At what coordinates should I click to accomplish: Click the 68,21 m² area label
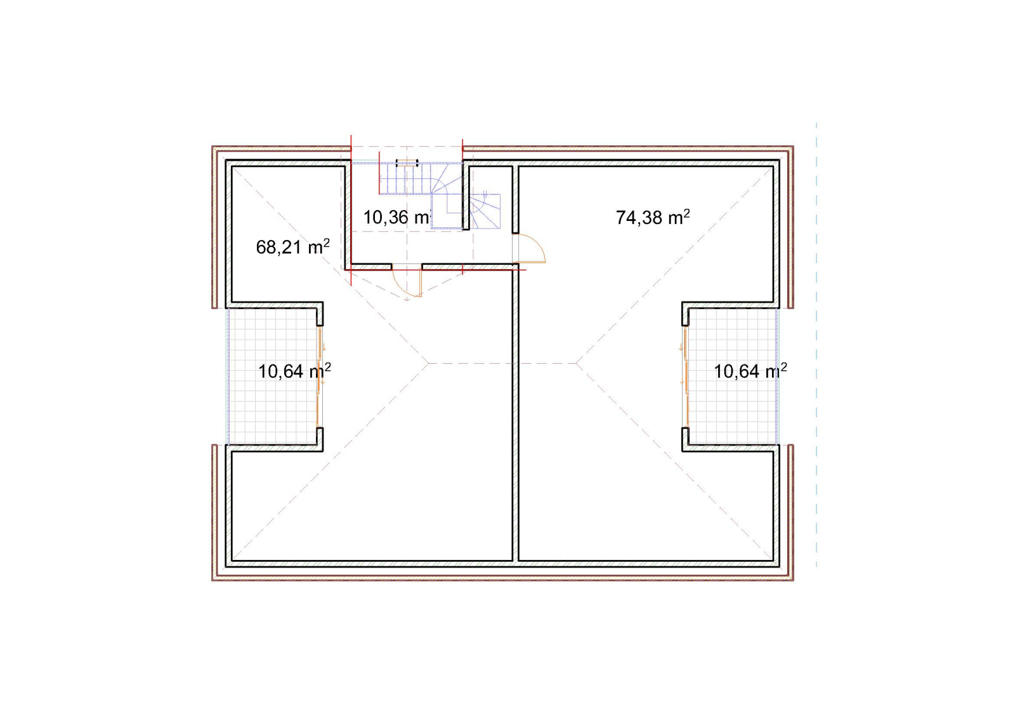292,247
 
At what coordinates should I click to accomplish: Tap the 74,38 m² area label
653,217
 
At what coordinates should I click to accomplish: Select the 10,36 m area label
396,218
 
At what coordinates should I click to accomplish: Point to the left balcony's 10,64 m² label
294,371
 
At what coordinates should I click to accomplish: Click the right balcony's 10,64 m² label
750,371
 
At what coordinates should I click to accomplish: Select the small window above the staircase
407,163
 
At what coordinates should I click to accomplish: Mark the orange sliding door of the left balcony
320,377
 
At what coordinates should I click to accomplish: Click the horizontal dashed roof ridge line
502,363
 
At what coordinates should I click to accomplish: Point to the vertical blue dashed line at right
816,345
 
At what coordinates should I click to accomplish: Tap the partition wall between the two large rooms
516,415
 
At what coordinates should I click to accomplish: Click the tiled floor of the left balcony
272,376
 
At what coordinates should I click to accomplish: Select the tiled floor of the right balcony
733,376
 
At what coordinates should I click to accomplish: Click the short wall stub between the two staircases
466,198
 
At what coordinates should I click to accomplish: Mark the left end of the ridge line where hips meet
429,363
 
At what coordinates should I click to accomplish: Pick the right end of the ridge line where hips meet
577,363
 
